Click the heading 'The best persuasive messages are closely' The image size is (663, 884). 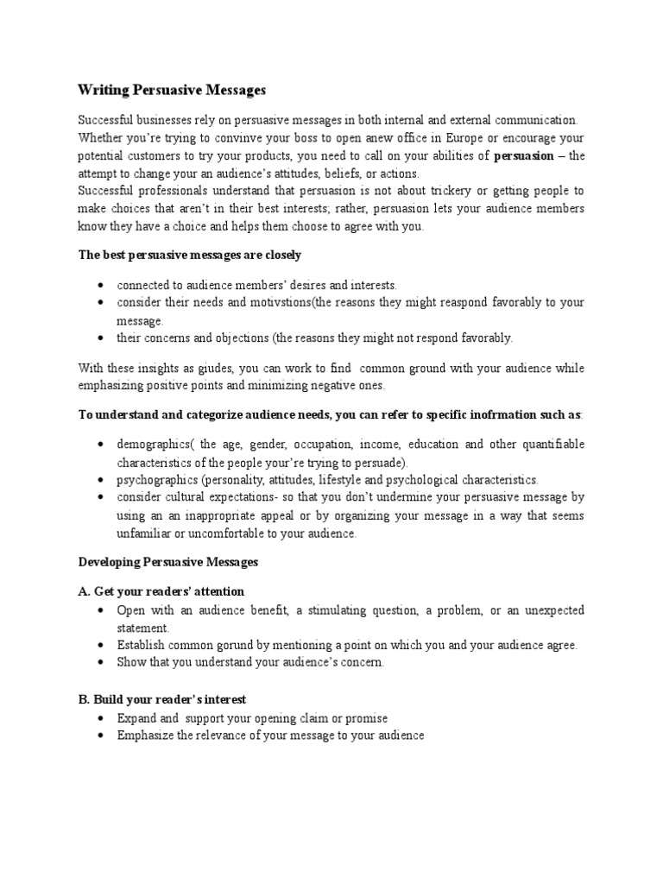pos(190,256)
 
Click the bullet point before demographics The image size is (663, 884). pos(101,444)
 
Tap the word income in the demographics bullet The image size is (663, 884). pos(382,444)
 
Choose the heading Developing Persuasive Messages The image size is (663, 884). pos(168,562)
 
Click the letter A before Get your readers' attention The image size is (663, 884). pos(83,591)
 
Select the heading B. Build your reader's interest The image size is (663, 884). pos(162,699)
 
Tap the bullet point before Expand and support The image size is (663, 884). pos(101,718)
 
